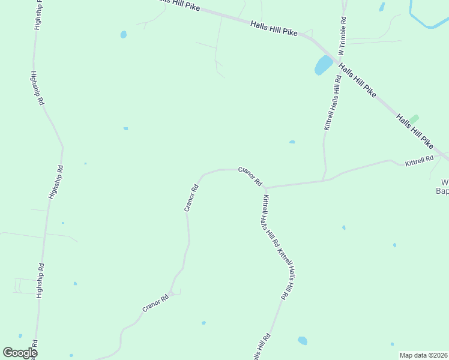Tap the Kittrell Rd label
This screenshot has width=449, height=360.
(x=419, y=161)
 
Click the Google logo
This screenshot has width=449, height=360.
(x=20, y=353)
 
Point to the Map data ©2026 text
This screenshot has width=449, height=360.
(x=423, y=355)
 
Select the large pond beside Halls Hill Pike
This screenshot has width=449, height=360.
(x=323, y=65)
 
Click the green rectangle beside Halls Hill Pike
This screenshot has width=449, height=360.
(x=414, y=119)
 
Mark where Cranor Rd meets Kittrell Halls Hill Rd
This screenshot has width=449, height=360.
(x=265, y=188)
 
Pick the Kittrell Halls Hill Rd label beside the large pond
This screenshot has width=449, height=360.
(x=332, y=103)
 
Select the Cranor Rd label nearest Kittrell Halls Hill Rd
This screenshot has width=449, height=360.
(x=250, y=176)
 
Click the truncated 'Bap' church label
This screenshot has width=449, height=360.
(x=442, y=192)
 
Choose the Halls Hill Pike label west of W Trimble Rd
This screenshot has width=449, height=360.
(x=274, y=28)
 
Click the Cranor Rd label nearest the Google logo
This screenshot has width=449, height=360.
(x=155, y=303)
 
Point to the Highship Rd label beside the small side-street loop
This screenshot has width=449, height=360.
(x=40, y=281)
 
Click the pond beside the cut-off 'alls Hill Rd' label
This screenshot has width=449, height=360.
(x=303, y=341)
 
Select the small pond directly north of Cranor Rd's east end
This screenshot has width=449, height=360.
(x=292, y=142)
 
